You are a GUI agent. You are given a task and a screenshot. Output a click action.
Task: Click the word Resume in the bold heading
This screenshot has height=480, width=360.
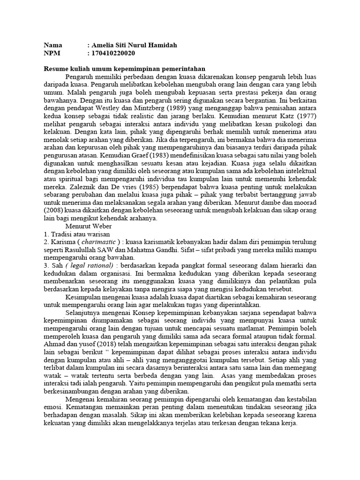pyautogui.click(x=56, y=68)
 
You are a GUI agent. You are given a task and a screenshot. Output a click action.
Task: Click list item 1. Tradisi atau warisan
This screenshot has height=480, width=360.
pyautogui.click(x=77, y=233)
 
